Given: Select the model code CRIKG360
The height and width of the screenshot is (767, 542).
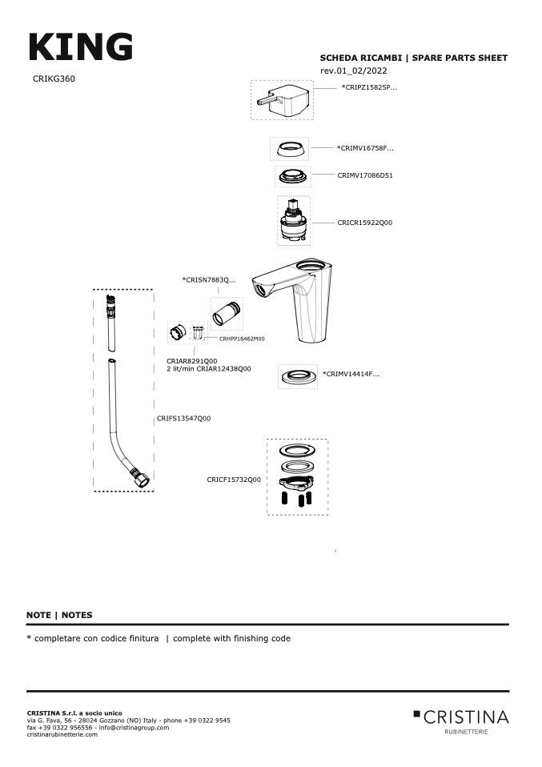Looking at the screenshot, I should pyautogui.click(x=54, y=78).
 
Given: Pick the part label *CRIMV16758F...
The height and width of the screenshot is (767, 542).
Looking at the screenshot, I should pyautogui.click(x=365, y=148).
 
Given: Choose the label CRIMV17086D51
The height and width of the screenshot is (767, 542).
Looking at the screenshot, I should pyautogui.click(x=365, y=175).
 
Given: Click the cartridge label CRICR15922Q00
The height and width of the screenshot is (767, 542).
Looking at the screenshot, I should pyautogui.click(x=365, y=223).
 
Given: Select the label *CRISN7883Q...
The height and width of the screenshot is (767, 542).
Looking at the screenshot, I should pyautogui.click(x=209, y=280).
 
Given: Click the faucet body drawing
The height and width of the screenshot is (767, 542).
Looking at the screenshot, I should pyautogui.click(x=300, y=300).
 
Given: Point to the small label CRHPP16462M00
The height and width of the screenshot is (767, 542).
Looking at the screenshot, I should pyautogui.click(x=242, y=339).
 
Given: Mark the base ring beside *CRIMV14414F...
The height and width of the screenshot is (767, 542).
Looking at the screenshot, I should pyautogui.click(x=298, y=375).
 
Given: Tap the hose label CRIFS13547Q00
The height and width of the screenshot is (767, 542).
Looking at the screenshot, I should pyautogui.click(x=184, y=418).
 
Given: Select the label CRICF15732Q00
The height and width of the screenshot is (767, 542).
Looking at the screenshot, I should pyautogui.click(x=234, y=480).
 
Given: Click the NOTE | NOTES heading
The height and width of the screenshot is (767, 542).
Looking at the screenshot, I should pyautogui.click(x=59, y=615).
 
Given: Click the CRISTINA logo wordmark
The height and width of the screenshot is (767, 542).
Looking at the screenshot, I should pyautogui.click(x=465, y=716).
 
